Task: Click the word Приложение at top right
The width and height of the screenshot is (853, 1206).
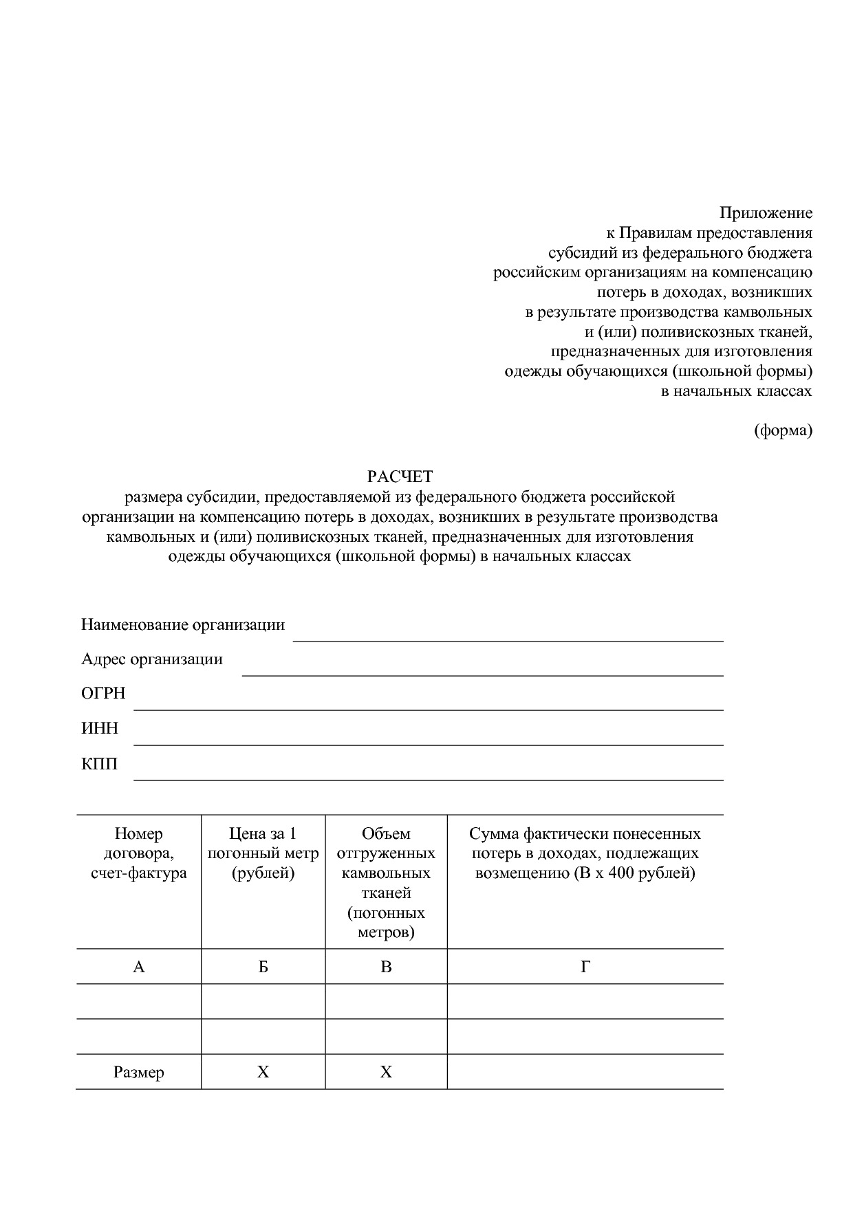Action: pyautogui.click(x=766, y=213)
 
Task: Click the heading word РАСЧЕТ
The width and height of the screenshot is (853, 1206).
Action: pyautogui.click(x=400, y=476)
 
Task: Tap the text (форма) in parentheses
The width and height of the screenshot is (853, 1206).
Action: pyautogui.click(x=783, y=431)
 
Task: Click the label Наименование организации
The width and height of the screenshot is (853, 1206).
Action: pyautogui.click(x=182, y=625)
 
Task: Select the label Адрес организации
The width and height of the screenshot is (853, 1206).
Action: pyautogui.click(x=152, y=659)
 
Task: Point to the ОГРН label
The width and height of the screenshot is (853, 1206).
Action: pyautogui.click(x=103, y=694)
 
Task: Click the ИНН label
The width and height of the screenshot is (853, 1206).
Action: pyautogui.click(x=100, y=729)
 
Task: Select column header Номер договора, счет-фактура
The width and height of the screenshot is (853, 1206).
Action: pyautogui.click(x=138, y=854)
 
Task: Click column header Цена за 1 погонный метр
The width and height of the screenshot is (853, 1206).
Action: pyautogui.click(x=263, y=854)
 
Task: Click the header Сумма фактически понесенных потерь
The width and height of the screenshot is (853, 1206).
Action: pyautogui.click(x=585, y=854)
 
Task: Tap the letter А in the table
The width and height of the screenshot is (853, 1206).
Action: pyautogui.click(x=138, y=967)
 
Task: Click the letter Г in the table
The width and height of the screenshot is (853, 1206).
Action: pyautogui.click(x=585, y=967)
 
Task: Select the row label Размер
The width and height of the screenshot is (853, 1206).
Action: pyautogui.click(x=138, y=1073)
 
